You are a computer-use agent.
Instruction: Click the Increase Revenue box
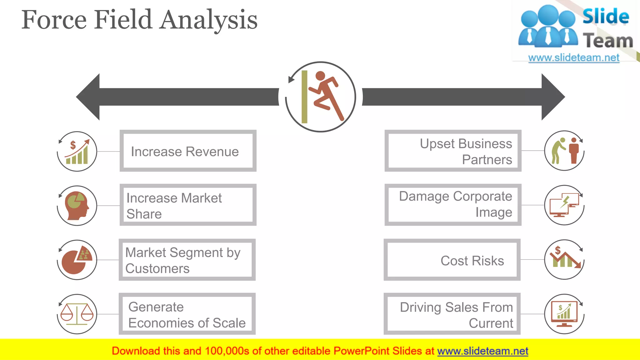(188, 151)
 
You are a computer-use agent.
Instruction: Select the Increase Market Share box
(188, 205)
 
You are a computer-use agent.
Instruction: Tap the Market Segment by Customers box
(187, 260)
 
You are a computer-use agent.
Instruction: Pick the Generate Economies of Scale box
(187, 314)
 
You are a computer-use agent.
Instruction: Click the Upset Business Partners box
(453, 151)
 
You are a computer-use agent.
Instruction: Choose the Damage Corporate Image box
(453, 205)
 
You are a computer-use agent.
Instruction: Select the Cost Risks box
(452, 260)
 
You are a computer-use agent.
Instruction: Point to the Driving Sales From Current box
(452, 314)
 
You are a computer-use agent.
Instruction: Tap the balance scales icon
(77, 314)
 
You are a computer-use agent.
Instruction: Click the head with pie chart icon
(77, 206)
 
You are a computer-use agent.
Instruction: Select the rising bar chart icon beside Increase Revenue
(77, 152)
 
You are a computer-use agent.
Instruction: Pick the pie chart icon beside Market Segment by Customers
(77, 260)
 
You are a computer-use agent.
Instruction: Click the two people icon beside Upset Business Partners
(564, 151)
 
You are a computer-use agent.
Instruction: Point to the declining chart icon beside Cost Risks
(564, 259)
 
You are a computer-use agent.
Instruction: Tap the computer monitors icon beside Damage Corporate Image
(564, 205)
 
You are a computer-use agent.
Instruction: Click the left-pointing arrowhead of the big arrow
(89, 97)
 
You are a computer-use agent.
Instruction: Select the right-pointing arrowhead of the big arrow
(552, 97)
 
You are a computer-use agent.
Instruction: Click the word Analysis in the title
(209, 20)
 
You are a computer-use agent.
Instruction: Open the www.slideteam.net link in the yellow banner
(482, 351)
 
